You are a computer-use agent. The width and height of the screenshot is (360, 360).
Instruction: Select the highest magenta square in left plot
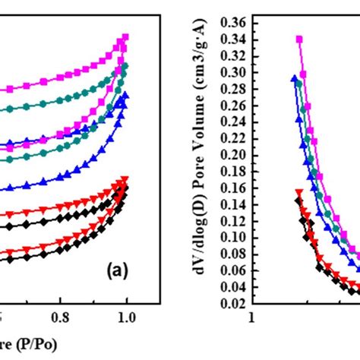tap(126, 36)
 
